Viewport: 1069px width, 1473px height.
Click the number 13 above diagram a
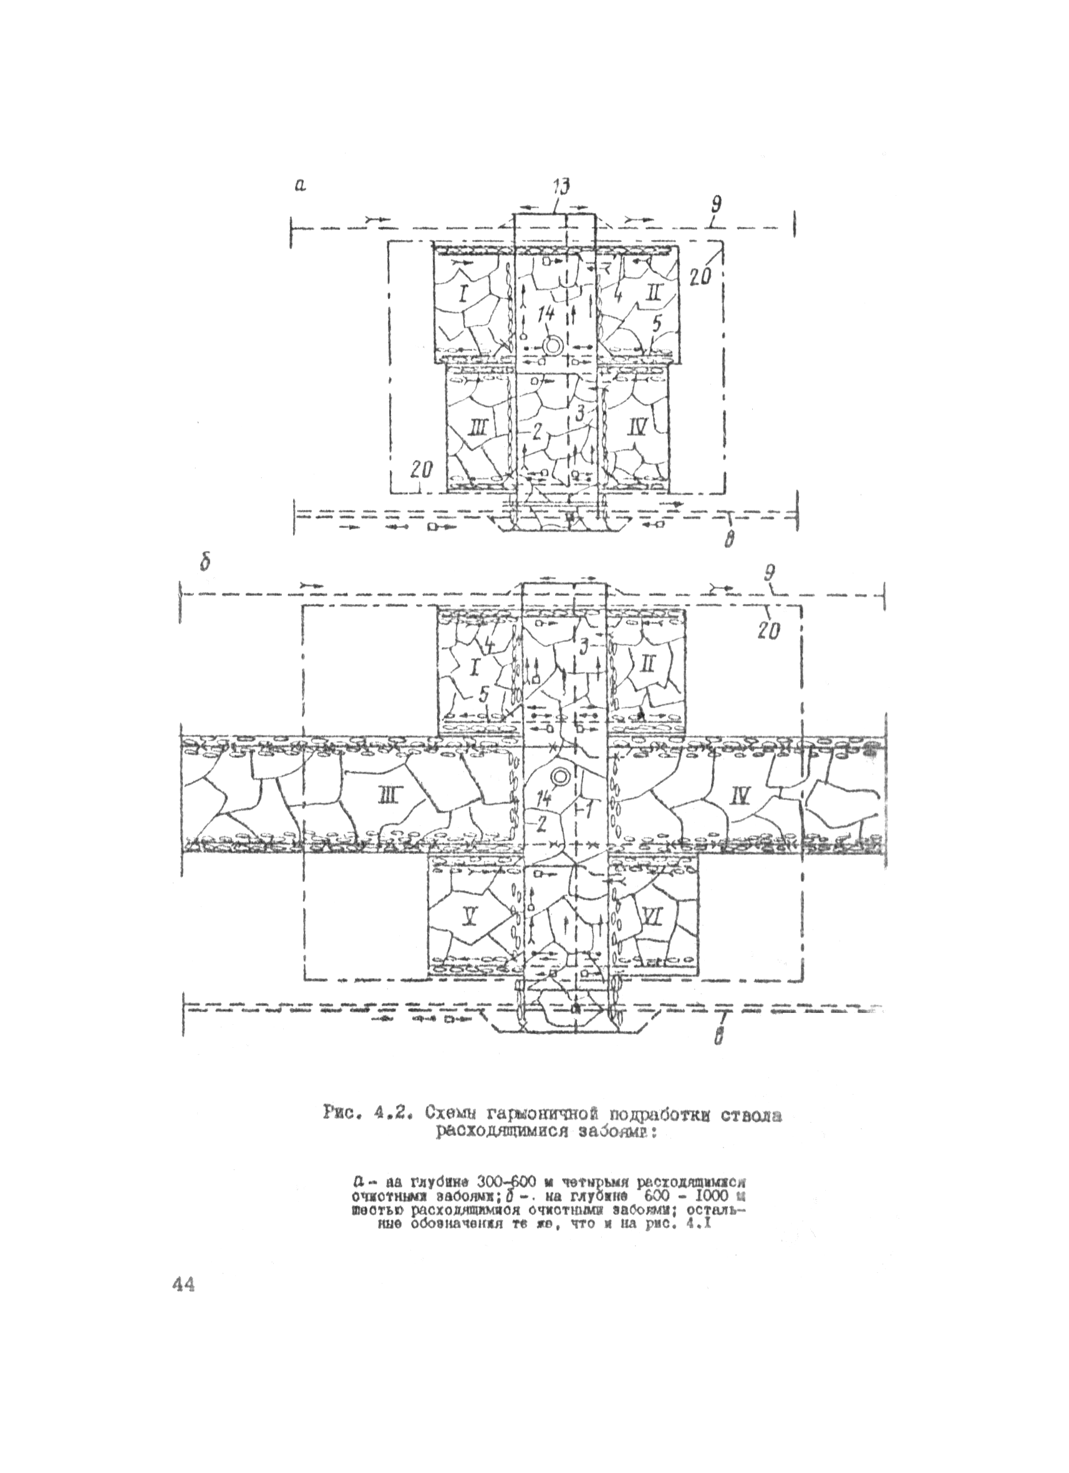tap(560, 187)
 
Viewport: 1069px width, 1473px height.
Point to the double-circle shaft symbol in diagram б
tap(559, 776)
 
